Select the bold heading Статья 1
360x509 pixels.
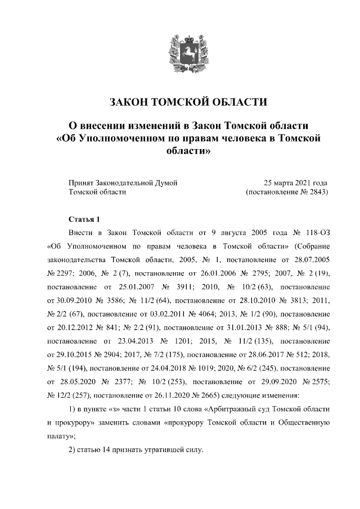click(x=84, y=219)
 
